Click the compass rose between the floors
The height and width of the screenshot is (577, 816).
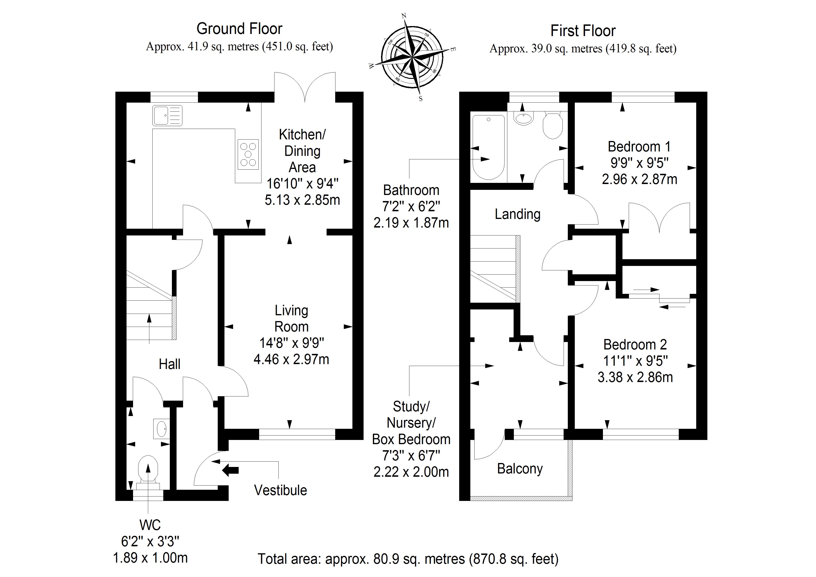tap(412, 57)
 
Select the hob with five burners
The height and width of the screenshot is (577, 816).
tap(248, 154)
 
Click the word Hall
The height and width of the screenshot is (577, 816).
tap(170, 364)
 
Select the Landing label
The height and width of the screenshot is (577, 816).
tap(518, 214)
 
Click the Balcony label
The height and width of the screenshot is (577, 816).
tap(520, 469)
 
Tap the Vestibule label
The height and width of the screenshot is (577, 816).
tap(280, 490)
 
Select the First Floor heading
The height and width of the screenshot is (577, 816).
tap(583, 31)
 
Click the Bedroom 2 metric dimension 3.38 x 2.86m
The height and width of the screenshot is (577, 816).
tap(635, 377)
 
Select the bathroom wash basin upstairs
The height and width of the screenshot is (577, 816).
tap(524, 118)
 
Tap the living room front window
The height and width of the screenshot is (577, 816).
tap(297, 434)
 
